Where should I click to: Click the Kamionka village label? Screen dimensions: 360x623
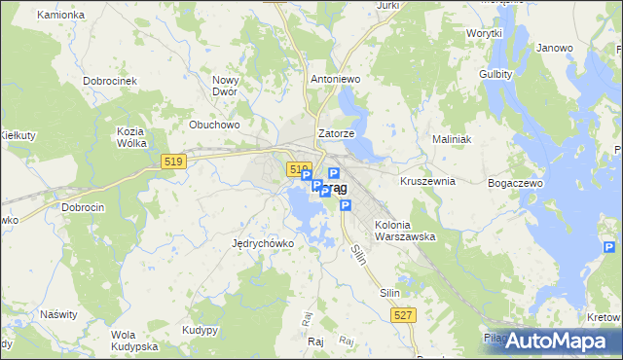pos(60,16)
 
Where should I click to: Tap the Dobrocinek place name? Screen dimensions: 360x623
pos(109,81)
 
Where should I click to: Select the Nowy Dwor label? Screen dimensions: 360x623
pos(226,87)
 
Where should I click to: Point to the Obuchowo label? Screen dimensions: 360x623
pos(214,125)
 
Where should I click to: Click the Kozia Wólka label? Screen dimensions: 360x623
pos(130,137)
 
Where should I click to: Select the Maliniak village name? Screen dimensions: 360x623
pos(452,139)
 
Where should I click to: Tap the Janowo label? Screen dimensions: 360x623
pos(555,48)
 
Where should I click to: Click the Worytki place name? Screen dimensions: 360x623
pos(483,33)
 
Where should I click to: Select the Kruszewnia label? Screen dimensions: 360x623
pos(428,181)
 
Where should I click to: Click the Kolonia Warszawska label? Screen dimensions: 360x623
pos(404,230)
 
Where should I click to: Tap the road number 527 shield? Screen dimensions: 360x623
pos(405,315)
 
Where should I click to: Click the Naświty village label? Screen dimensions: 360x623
pos(58,314)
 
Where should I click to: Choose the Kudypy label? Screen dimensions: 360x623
pos(200,330)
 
